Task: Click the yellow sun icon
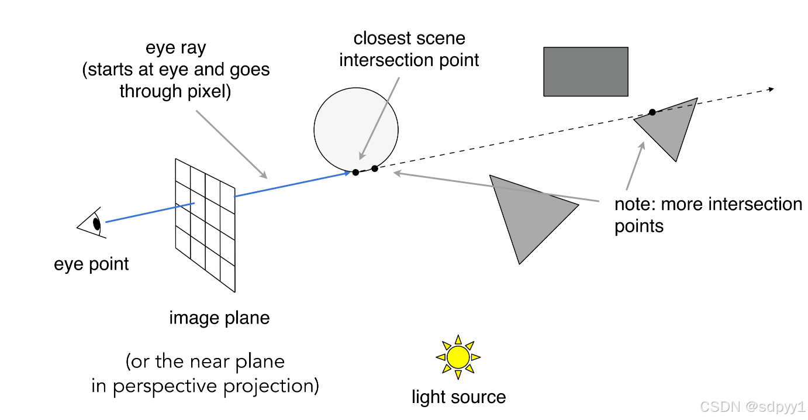(x=458, y=357)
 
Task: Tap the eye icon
(x=92, y=223)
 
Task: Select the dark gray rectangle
(x=585, y=71)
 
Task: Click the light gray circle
(x=356, y=129)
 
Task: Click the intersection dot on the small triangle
(x=652, y=112)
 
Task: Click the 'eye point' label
(x=91, y=264)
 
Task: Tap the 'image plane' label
(x=219, y=318)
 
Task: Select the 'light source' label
(x=458, y=397)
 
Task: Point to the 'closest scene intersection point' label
(x=409, y=49)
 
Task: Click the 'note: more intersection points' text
(x=707, y=215)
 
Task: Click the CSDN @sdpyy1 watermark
(x=752, y=407)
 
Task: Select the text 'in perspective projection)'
(x=205, y=387)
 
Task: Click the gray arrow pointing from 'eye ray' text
(x=231, y=143)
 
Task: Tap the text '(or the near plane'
(x=205, y=362)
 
